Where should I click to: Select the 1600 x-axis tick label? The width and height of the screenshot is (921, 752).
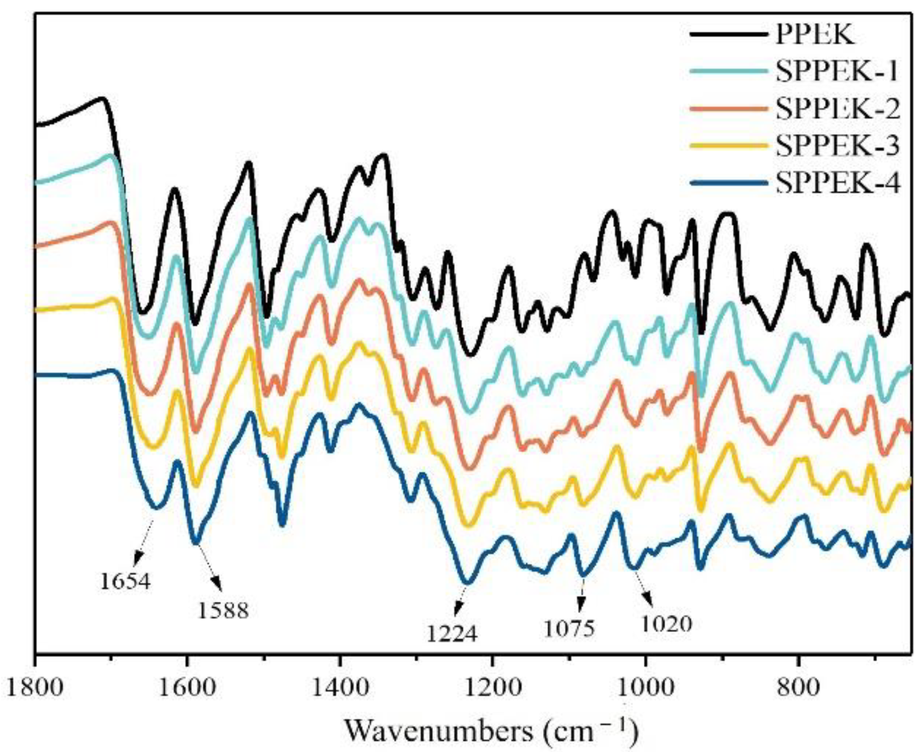tap(187, 688)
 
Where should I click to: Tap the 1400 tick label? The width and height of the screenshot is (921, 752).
tap(339, 688)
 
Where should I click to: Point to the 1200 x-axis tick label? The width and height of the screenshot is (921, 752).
tap(492, 688)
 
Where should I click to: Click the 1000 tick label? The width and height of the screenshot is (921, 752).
tap(645, 688)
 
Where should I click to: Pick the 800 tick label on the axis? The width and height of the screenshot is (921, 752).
tap(799, 688)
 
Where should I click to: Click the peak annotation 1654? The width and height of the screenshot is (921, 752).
tap(125, 581)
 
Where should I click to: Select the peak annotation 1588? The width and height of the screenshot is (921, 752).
tap(224, 610)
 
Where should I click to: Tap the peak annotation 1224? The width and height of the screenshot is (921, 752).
tap(452, 633)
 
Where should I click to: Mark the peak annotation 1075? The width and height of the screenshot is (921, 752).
tap(569, 629)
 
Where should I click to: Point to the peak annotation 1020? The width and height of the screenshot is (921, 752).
tap(667, 623)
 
